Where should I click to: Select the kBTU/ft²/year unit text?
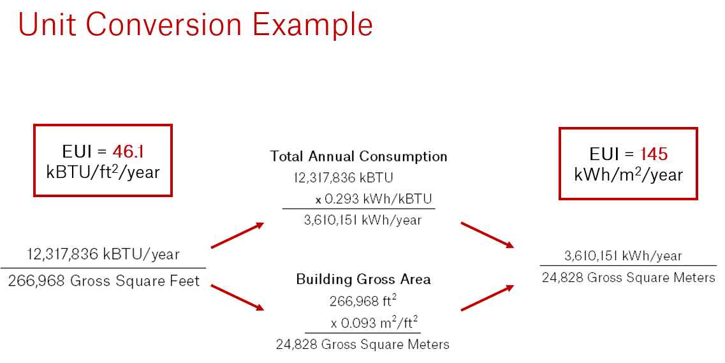tap(103, 172)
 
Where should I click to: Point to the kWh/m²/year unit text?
tap(628, 175)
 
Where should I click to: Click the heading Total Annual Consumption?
tap(358, 156)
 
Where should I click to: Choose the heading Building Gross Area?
tap(363, 279)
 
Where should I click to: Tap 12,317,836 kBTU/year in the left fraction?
tap(103, 255)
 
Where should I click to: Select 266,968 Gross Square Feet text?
tap(104, 281)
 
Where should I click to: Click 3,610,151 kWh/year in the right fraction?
tap(623, 256)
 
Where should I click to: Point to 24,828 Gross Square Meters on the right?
tap(628, 278)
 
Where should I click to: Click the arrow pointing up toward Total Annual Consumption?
tap(237, 235)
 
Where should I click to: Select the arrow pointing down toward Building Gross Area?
tap(237, 297)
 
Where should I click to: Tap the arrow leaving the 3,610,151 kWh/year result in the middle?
tap(487, 234)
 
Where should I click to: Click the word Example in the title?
tap(312, 25)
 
